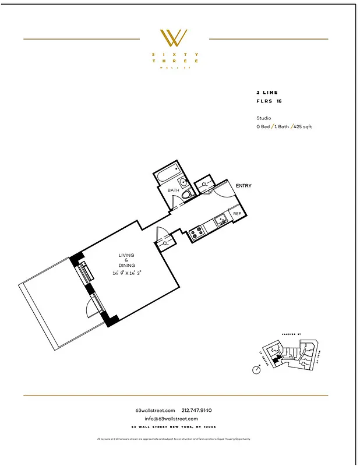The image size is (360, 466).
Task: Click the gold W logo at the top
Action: [174, 38]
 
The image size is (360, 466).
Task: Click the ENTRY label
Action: [243, 186]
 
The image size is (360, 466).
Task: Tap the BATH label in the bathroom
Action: [173, 190]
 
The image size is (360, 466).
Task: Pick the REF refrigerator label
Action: [237, 214]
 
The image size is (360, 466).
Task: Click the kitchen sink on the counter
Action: [220, 220]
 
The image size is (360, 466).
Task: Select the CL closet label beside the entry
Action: [204, 185]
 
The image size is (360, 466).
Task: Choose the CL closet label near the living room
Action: [166, 243]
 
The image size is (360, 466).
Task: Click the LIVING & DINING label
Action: [126, 260]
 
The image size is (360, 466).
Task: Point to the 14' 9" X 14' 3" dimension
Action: [127, 273]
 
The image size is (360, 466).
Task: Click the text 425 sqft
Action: [303, 126]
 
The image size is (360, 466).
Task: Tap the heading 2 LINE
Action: [267, 93]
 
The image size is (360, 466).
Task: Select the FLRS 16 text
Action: [269, 101]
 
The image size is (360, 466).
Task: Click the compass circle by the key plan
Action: [256, 369]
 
